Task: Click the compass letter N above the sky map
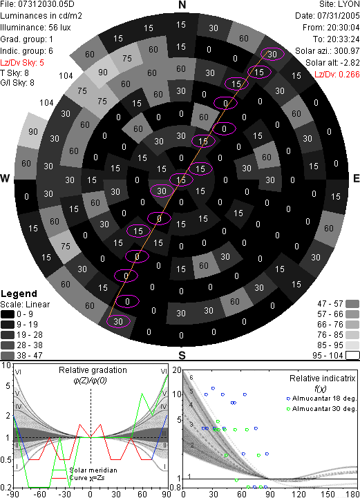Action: coord(182,5)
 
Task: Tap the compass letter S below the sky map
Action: coord(182,356)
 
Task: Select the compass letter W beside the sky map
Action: coord(5,178)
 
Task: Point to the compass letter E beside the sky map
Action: coord(356,178)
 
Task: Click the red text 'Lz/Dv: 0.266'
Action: coord(337,75)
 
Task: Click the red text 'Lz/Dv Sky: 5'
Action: coord(22,63)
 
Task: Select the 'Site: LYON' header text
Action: coord(339,4)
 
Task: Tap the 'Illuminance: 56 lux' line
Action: coord(35,28)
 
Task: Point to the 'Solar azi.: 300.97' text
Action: coord(328,51)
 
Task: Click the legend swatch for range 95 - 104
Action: coord(352,356)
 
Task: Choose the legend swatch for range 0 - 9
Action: coord(8,314)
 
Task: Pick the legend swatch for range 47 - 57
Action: coord(352,304)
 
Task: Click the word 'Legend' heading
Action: coord(19,294)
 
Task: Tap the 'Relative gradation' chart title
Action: coord(93,370)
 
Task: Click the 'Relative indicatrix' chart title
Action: coord(323,379)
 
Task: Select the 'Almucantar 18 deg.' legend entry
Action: coord(321,399)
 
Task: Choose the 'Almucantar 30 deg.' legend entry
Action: coord(321,409)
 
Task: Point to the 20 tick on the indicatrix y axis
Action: coord(177,370)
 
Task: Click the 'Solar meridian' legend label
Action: coord(93,470)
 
